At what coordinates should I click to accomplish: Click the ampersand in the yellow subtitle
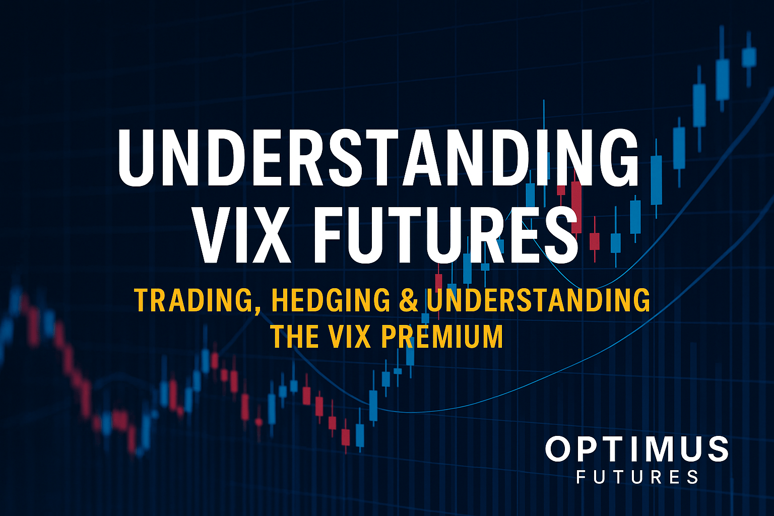pyautogui.click(x=409, y=301)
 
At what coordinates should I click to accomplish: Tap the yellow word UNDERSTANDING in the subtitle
pyautogui.click(x=538, y=301)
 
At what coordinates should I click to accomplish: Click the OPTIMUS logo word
pyautogui.click(x=636, y=449)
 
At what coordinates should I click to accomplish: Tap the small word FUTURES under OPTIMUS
pyautogui.click(x=637, y=476)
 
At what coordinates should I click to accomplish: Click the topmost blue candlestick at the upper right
pyautogui.click(x=749, y=56)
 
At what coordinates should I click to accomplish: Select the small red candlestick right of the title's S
pyautogui.click(x=595, y=240)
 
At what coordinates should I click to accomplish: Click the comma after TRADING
pyautogui.click(x=257, y=308)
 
